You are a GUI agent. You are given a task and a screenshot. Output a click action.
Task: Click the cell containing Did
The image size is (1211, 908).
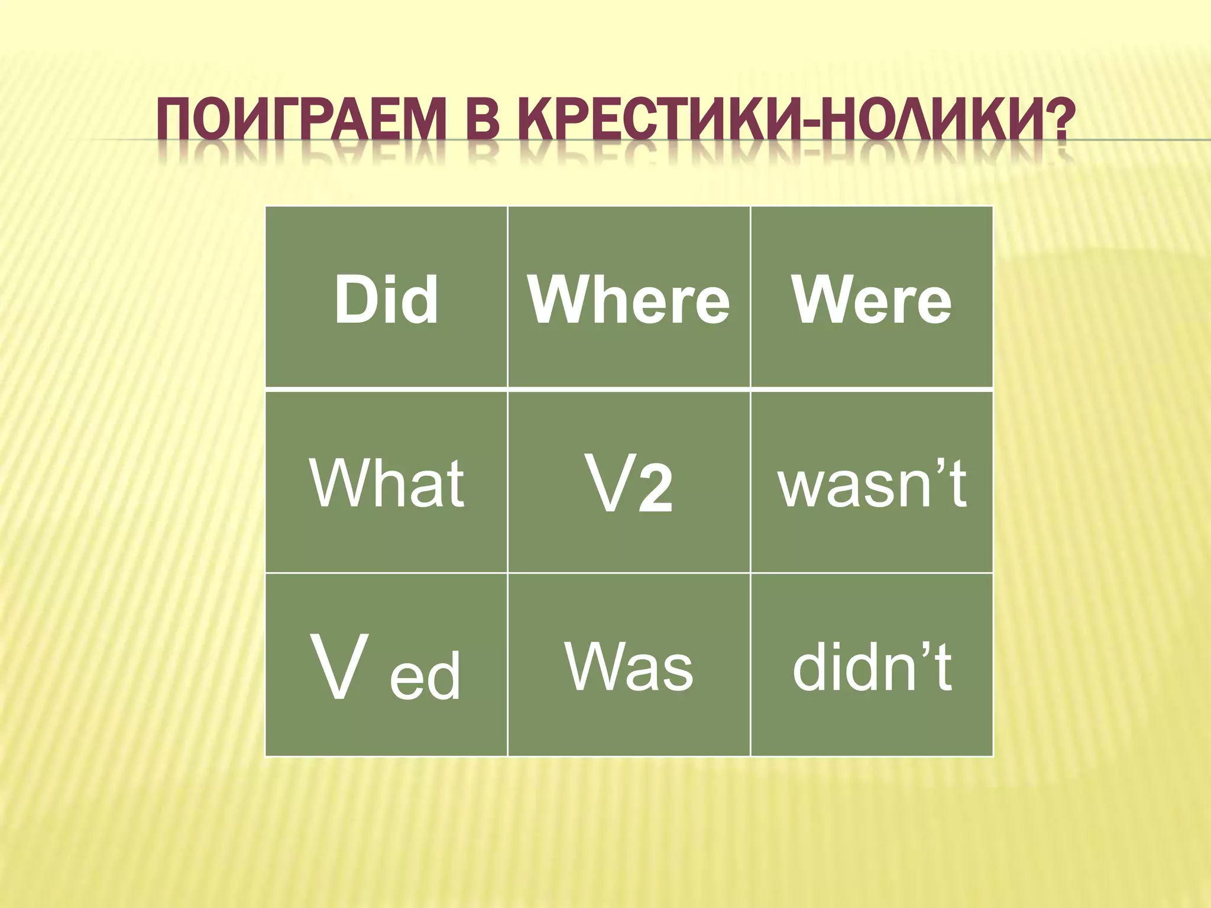pyautogui.click(x=386, y=298)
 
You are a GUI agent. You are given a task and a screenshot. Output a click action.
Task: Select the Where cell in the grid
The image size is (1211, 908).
pyautogui.click(x=629, y=298)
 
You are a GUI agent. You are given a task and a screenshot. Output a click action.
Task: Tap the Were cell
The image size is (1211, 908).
pyautogui.click(x=872, y=298)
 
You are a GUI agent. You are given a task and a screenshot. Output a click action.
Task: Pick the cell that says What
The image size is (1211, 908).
pyautogui.click(x=386, y=482)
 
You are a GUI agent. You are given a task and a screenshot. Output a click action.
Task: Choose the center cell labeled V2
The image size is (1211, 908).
pyautogui.click(x=629, y=482)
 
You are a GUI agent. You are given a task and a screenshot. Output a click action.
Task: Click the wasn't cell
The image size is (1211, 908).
pyautogui.click(x=872, y=482)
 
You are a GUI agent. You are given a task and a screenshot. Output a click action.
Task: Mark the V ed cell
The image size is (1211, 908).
pyautogui.click(x=386, y=665)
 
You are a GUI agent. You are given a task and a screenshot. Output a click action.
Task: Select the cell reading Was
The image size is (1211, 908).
pyautogui.click(x=629, y=665)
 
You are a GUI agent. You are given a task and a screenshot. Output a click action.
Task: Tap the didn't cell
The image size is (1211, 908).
pyautogui.click(x=872, y=665)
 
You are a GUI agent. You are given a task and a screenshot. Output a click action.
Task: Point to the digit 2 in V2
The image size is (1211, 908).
pyautogui.click(x=655, y=490)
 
